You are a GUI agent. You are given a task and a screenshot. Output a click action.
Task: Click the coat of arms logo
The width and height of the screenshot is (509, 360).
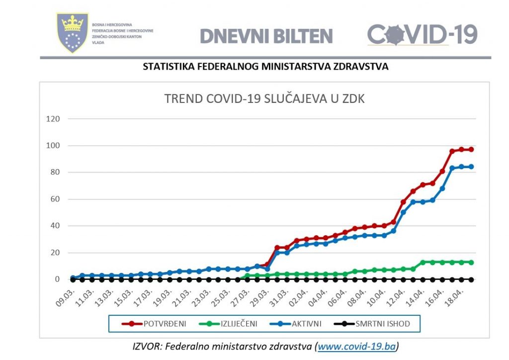tap(73, 33)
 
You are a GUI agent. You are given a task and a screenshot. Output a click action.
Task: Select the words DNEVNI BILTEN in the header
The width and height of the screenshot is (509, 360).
tap(266, 36)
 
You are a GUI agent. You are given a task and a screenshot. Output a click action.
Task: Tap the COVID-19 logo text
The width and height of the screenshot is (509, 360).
tap(423, 35)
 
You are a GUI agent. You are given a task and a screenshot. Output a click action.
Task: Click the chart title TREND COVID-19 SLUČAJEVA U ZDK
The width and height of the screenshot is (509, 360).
tap(264, 99)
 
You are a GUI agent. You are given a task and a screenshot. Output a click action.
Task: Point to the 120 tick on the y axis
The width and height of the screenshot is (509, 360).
tap(53, 119)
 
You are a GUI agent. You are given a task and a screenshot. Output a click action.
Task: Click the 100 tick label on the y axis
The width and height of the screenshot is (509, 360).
tap(53, 146)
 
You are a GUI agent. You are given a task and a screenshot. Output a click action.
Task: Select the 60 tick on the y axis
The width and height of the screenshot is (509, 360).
tap(55, 199)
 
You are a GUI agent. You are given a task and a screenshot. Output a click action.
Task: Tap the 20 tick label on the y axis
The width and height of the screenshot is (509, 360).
tap(55, 253)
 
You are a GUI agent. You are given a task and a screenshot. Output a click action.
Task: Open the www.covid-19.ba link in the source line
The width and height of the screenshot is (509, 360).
tap(357, 347)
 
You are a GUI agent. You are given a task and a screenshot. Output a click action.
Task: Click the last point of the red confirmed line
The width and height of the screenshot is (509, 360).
tap(471, 150)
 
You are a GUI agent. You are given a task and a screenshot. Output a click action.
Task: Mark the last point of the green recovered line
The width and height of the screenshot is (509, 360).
tap(471, 262)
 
